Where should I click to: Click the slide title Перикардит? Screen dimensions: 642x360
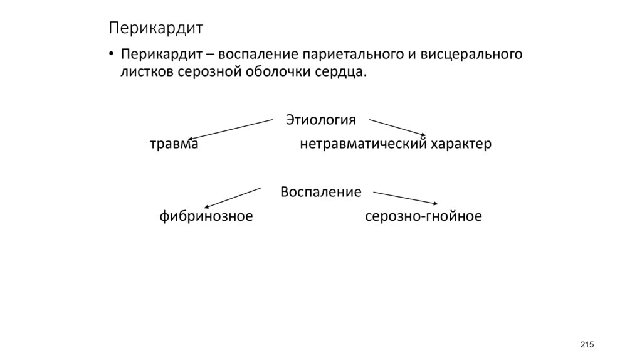pyautogui.click(x=155, y=28)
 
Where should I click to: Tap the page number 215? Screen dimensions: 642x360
pyautogui.click(x=587, y=345)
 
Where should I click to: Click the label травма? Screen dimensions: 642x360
pyautogui.click(x=174, y=144)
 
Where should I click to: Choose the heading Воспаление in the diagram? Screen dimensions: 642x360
pyautogui.click(x=320, y=192)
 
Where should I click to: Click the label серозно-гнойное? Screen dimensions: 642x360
pyautogui.click(x=423, y=217)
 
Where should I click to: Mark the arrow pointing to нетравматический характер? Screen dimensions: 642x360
pyautogui.click(x=397, y=126)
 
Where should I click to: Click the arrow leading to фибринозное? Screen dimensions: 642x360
pyautogui.click(x=232, y=197)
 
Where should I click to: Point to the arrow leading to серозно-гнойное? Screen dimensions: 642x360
pyautogui.click(x=405, y=198)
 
